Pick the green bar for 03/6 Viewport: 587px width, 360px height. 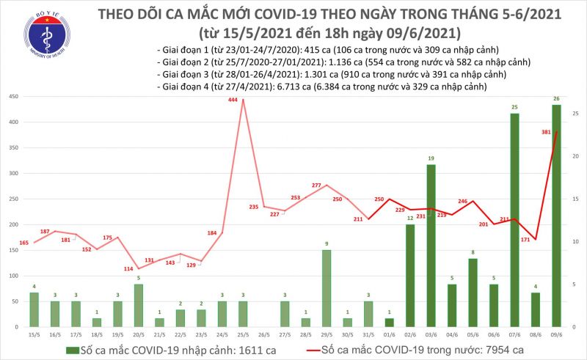431,245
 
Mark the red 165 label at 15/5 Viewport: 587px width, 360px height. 23,243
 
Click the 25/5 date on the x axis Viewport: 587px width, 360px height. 242,336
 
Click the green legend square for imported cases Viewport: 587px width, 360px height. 71,350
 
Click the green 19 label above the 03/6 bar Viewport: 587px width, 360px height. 431,158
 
